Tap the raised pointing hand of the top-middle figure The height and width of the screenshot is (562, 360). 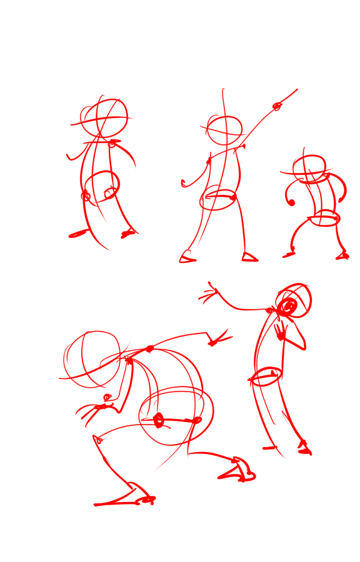click(x=277, y=107)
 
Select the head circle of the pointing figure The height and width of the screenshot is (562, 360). click(x=224, y=131)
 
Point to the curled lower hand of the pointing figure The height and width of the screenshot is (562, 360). click(x=185, y=183)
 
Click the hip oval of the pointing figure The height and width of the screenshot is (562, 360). click(x=219, y=199)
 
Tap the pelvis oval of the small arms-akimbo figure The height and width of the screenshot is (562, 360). click(x=324, y=218)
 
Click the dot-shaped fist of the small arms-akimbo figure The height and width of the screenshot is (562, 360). click(x=291, y=202)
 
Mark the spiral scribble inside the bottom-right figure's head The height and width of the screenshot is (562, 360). click(x=288, y=307)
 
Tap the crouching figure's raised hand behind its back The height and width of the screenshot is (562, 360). click(x=218, y=340)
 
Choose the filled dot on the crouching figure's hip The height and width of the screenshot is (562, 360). click(x=159, y=420)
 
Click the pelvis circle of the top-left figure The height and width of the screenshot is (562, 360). click(x=101, y=188)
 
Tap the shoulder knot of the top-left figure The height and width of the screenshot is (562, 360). click(x=112, y=143)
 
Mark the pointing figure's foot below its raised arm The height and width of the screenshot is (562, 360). click(x=249, y=257)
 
